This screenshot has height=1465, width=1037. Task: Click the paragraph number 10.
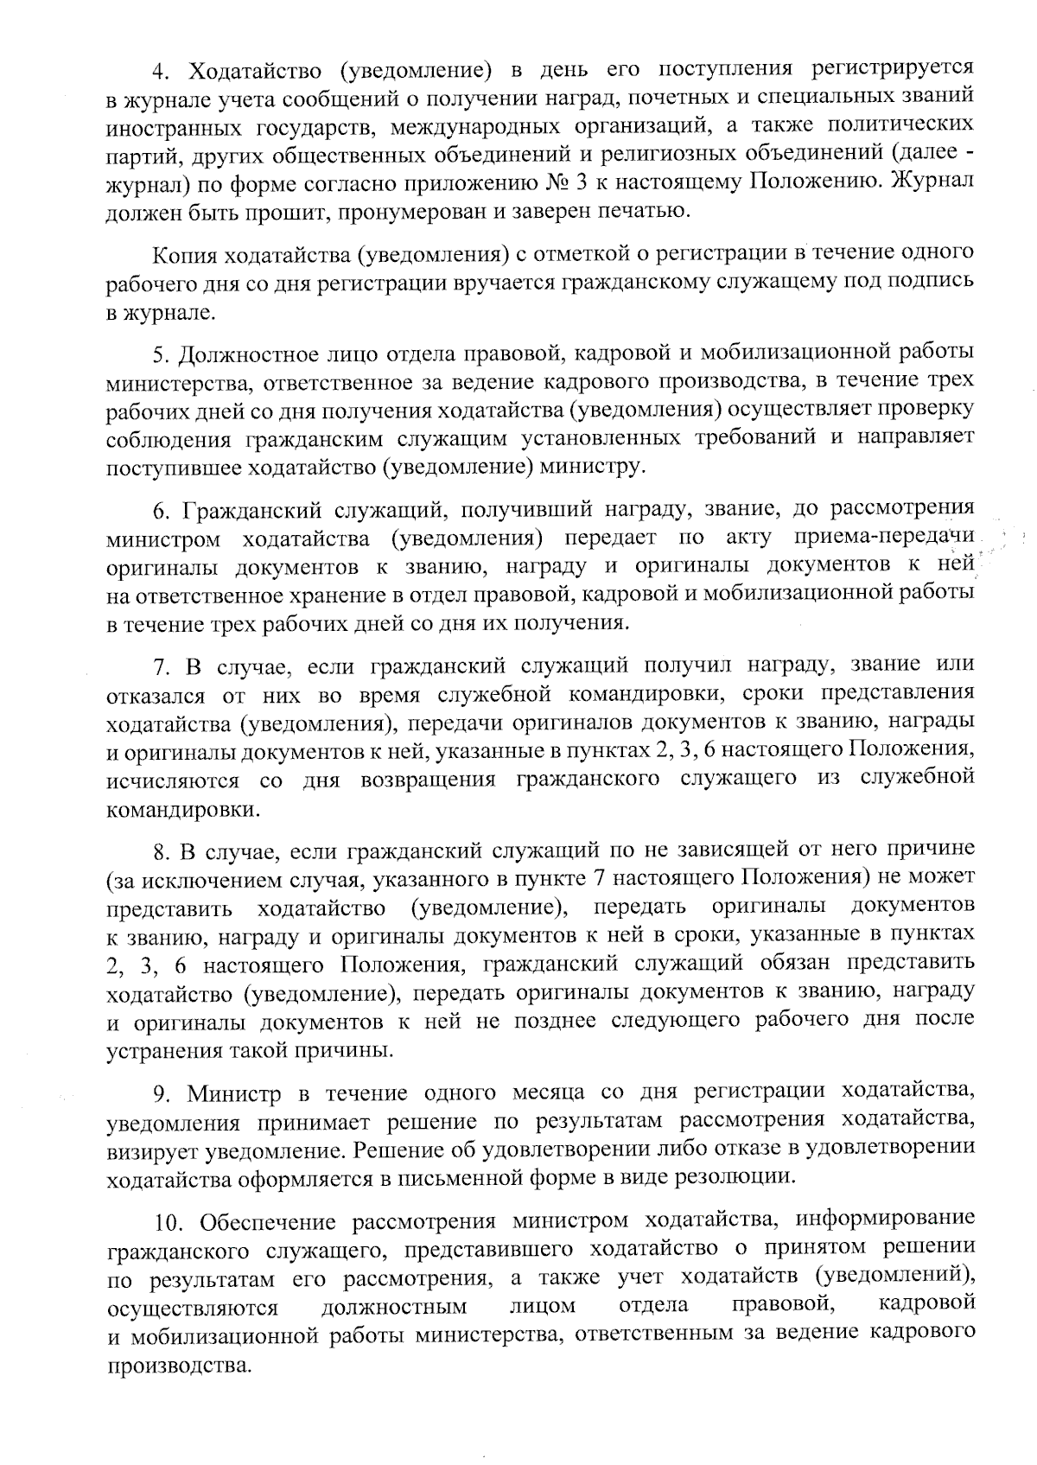pyautogui.click(x=166, y=1222)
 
